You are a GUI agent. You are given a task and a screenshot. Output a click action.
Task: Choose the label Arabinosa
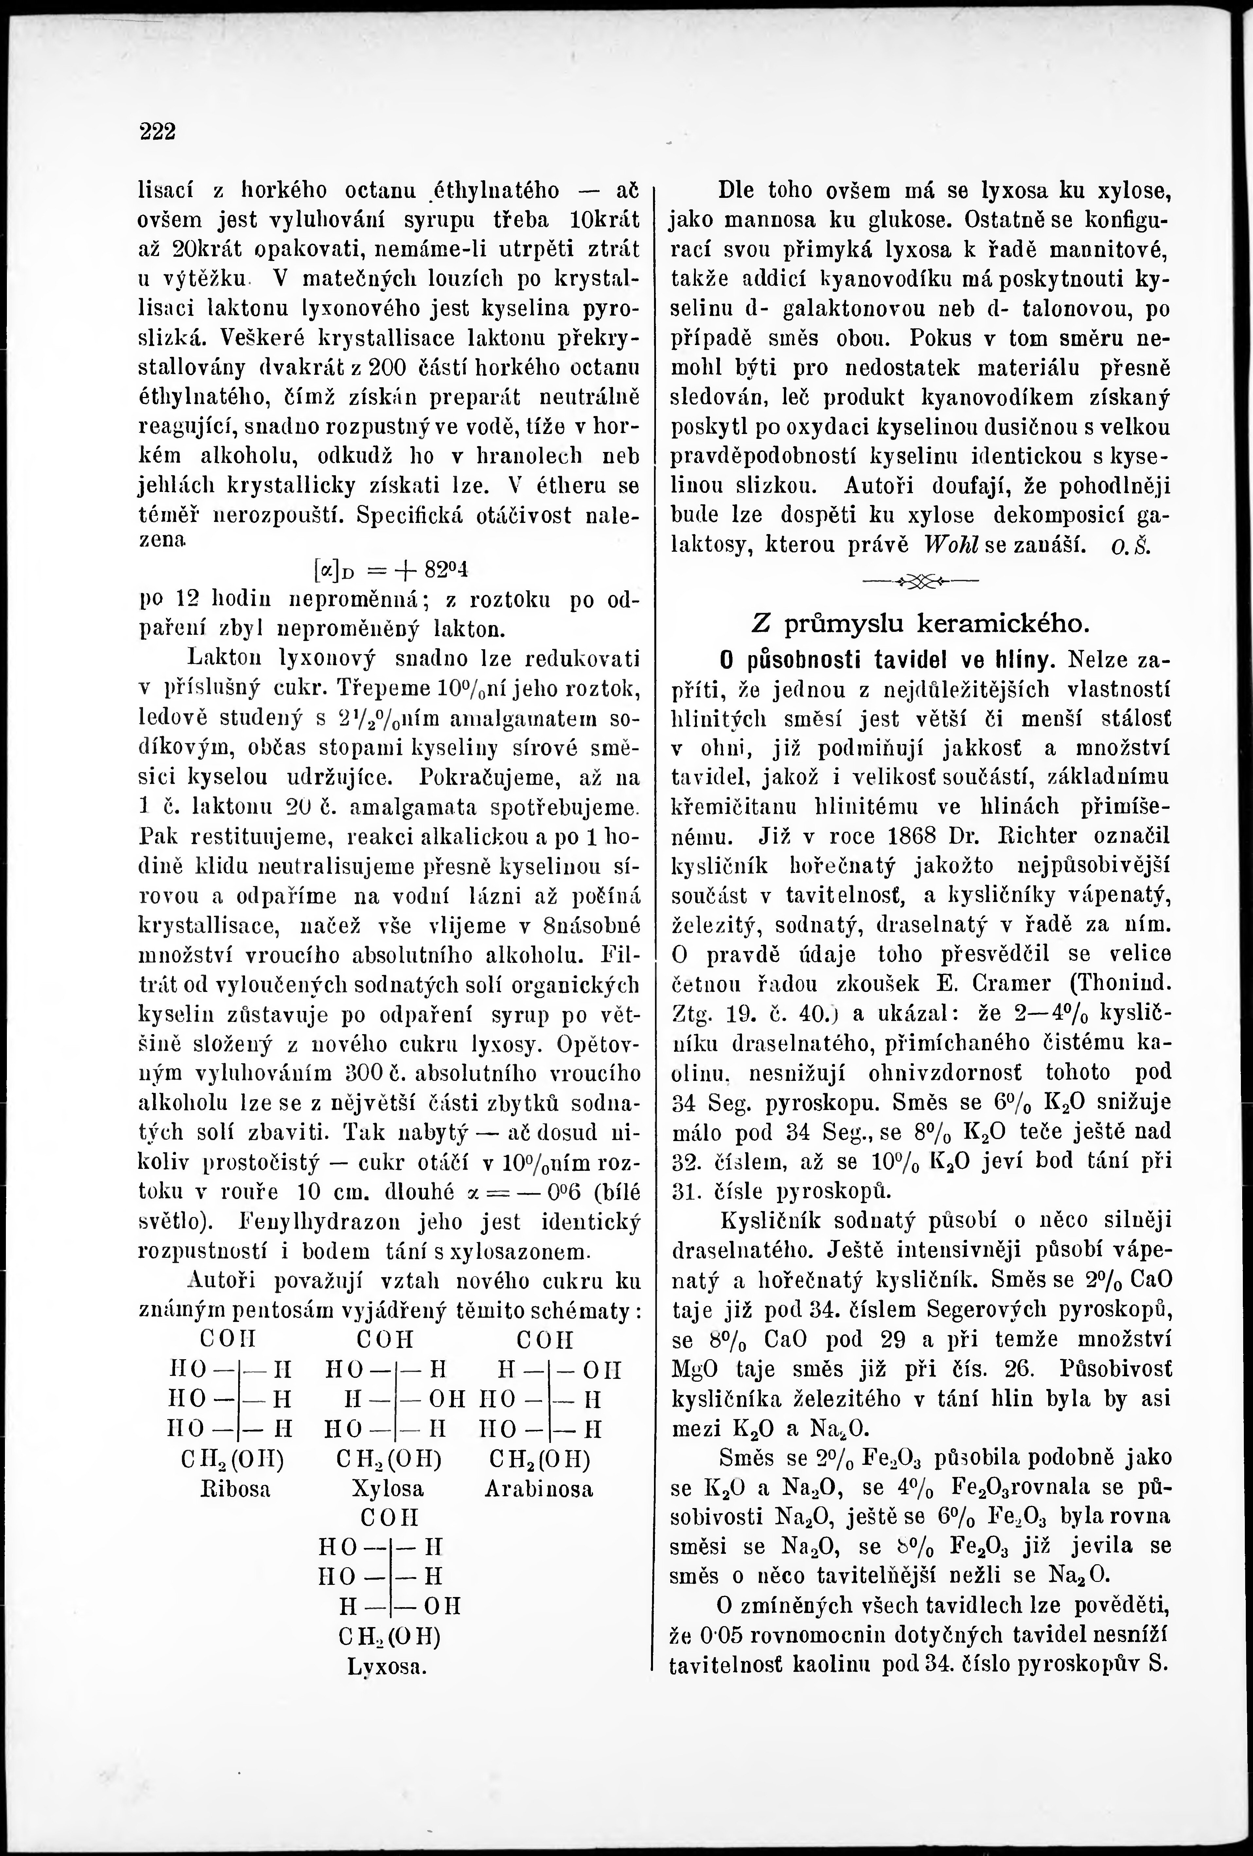point(538,1489)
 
